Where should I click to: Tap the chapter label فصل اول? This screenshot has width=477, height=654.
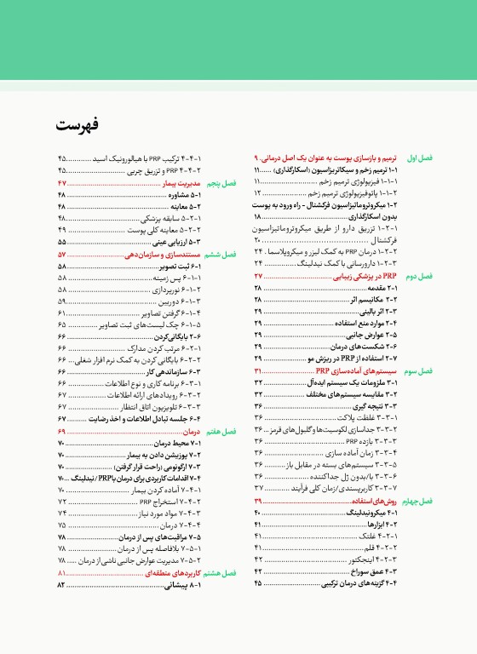pyautogui.click(x=444, y=159)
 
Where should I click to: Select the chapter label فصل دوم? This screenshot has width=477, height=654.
pyautogui.click(x=444, y=278)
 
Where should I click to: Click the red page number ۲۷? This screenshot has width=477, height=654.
pyautogui.click(x=258, y=278)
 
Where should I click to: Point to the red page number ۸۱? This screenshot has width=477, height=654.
pyautogui.click(x=61, y=575)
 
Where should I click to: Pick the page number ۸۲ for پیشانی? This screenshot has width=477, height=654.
pyautogui.click(x=61, y=587)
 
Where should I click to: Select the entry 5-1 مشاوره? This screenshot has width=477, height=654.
pyautogui.click(x=182, y=195)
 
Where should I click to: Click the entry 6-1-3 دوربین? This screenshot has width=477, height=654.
pyautogui.click(x=176, y=301)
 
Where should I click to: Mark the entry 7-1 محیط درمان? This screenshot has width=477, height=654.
pyautogui.click(x=180, y=444)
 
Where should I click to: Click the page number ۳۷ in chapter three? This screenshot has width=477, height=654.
pyautogui.click(x=258, y=489)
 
